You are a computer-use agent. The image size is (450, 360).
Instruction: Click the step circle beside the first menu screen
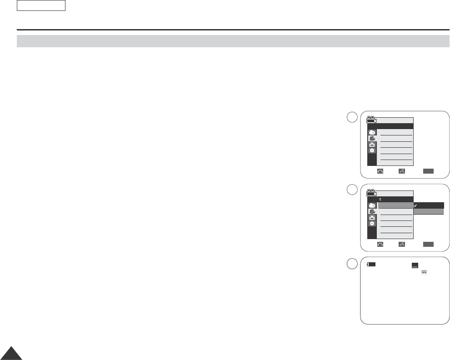pos(350,117)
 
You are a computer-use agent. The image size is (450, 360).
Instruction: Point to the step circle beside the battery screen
pos(350,264)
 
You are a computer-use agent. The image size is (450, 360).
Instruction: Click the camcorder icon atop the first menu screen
pos(372,120)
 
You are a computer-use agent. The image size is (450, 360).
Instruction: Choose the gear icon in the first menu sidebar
pos(372,150)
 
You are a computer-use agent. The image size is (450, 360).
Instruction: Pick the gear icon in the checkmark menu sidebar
pos(372,224)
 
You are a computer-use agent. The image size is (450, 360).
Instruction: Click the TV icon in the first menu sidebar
pos(372,144)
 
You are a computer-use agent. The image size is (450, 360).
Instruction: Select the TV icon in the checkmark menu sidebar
pos(372,218)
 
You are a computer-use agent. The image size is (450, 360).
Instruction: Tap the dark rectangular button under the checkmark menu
pos(428,244)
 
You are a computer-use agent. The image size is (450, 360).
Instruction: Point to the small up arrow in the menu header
pos(380,199)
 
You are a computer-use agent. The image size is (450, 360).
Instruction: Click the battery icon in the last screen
pos(372,264)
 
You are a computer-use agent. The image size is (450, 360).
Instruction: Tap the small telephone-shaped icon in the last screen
pos(424,272)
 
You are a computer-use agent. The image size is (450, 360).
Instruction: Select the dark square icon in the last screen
pos(415,265)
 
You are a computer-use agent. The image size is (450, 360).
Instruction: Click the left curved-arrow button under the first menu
pos(380,171)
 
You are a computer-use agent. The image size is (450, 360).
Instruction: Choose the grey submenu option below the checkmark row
pos(429,212)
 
